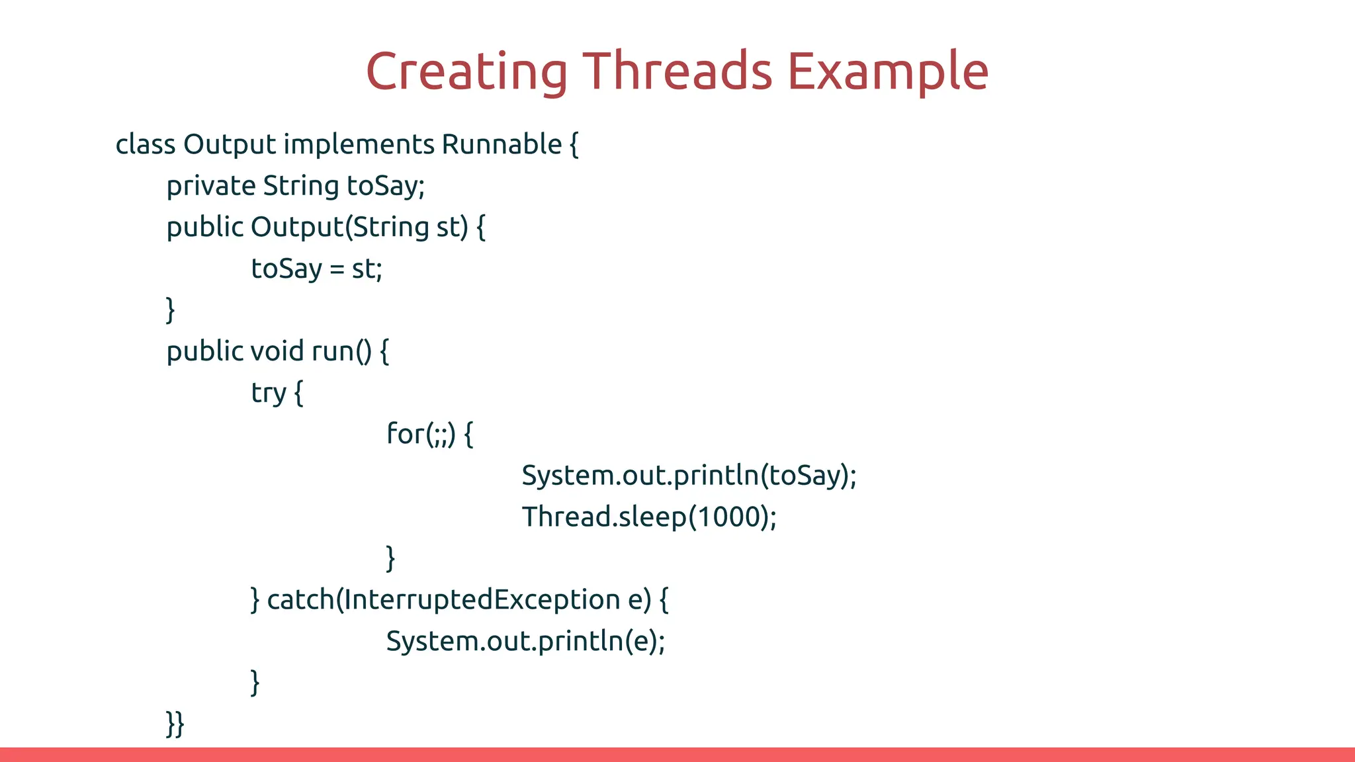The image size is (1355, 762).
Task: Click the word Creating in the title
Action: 466,71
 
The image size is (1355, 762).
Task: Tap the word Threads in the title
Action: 677,71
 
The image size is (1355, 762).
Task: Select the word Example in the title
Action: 888,71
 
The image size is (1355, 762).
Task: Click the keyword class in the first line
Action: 146,144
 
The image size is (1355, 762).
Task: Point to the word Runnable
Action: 502,144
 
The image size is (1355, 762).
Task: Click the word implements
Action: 359,144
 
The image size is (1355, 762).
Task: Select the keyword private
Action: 211,186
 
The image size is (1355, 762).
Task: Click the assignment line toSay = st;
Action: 317,269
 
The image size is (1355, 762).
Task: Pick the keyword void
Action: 277,351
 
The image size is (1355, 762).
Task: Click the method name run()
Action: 341,351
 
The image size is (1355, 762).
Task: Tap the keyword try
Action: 269,393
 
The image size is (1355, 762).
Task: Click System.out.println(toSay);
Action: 689,476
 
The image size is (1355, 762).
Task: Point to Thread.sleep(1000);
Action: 649,517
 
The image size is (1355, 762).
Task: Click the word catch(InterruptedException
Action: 443,600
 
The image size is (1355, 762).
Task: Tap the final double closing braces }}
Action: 175,724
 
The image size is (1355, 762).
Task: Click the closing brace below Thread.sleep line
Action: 390,558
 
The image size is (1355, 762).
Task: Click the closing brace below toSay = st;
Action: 171,310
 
